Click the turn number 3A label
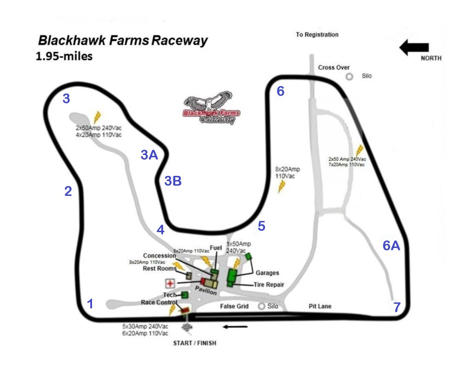tap(149, 155)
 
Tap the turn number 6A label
tap(391, 246)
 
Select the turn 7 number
tap(397, 307)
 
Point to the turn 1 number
tap(91, 304)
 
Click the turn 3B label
tap(173, 181)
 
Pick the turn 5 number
tap(261, 226)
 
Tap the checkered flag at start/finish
tap(187, 328)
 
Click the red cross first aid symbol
tap(171, 283)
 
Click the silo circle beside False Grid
tap(262, 306)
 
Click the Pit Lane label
tap(320, 306)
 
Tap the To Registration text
tap(317, 34)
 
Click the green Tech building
tap(185, 295)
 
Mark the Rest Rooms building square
tap(189, 275)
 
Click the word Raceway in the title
tap(180, 40)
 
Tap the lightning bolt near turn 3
tap(97, 117)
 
